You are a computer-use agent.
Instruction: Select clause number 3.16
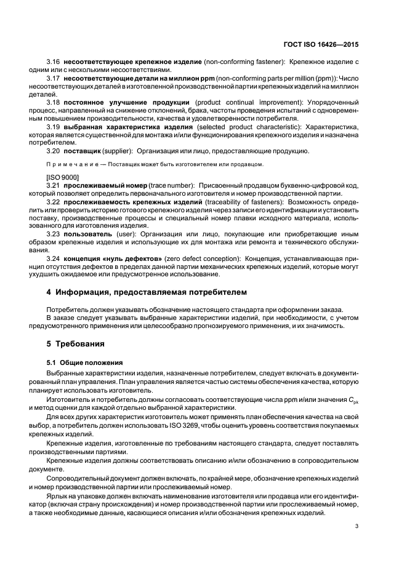pos(53,62)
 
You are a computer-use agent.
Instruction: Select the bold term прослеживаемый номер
pos(99,185)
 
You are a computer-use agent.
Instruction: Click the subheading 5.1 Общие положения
pos(81,362)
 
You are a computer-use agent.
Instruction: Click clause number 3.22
pos(53,202)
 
